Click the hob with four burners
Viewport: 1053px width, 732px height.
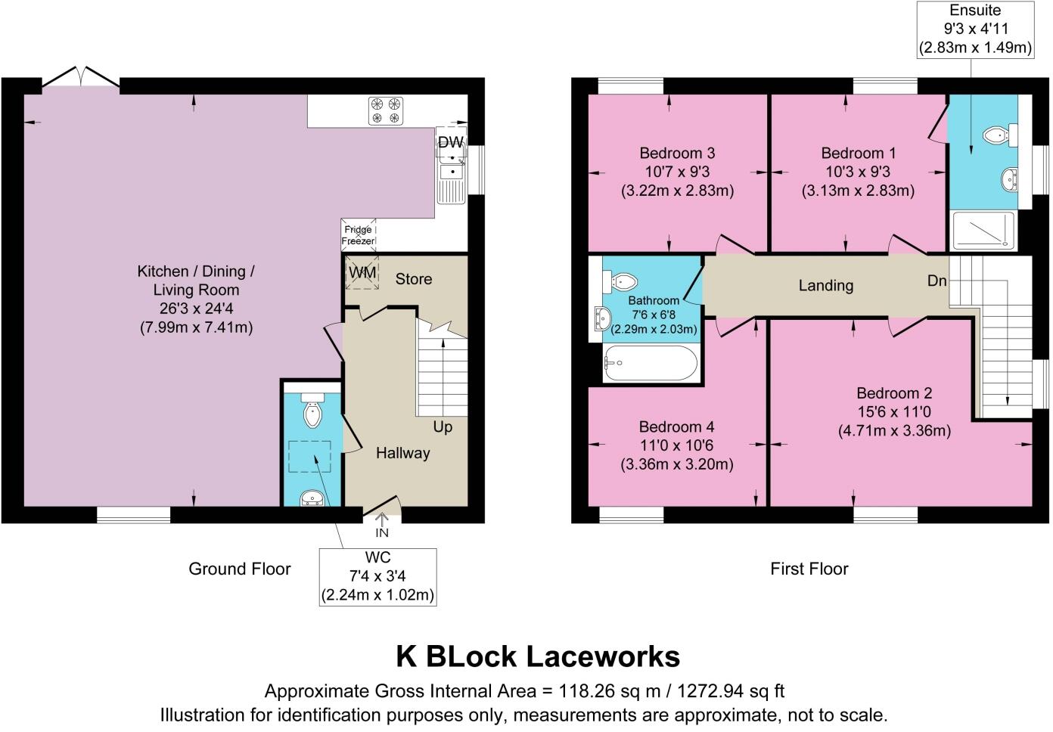coord(385,110)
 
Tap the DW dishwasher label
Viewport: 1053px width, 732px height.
coord(450,142)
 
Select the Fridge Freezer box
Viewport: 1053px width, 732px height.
coord(358,235)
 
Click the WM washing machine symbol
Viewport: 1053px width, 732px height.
coord(362,273)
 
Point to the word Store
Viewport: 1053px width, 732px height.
coord(413,279)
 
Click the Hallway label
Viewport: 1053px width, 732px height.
coord(402,453)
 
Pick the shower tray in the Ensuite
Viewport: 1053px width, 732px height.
coord(983,230)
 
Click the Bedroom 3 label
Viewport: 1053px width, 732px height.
coord(676,154)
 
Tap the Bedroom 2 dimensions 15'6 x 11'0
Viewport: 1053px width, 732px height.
coord(894,412)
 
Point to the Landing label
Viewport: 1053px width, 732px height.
coord(825,285)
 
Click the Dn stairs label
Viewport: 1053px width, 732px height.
coord(937,281)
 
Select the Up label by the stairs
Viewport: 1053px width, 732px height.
coord(443,426)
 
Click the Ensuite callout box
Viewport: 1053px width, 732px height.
coord(975,29)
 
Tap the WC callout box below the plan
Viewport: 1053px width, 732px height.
coord(377,576)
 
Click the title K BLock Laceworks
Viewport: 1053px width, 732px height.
coord(538,656)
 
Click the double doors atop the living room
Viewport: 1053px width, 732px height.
coord(81,78)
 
